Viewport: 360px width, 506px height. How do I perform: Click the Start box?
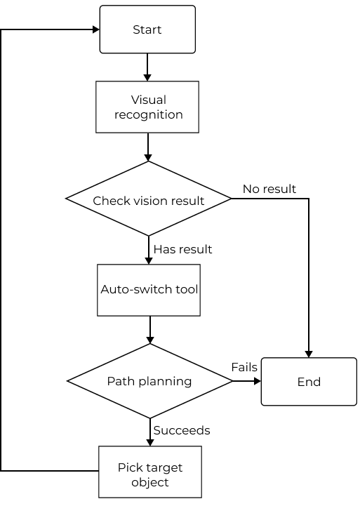click(147, 29)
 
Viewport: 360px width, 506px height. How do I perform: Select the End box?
click(309, 382)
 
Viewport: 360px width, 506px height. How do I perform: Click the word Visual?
click(149, 100)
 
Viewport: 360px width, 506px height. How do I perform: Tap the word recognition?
click(149, 114)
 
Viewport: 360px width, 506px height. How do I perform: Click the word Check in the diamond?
click(111, 201)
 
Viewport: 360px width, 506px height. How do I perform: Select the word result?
click(187, 201)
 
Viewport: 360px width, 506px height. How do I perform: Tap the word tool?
click(188, 289)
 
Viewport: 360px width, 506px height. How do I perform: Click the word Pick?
click(130, 468)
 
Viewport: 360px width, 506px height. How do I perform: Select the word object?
click(150, 483)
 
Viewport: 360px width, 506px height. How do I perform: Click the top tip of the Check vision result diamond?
click(149, 162)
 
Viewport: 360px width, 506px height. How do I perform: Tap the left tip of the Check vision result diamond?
click(67, 199)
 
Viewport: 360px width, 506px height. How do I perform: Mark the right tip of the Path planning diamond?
click(231, 381)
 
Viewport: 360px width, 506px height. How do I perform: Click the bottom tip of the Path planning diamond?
click(149, 418)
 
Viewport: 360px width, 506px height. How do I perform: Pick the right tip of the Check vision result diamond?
click(230, 199)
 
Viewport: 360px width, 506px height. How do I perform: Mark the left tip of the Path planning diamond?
click(69, 381)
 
